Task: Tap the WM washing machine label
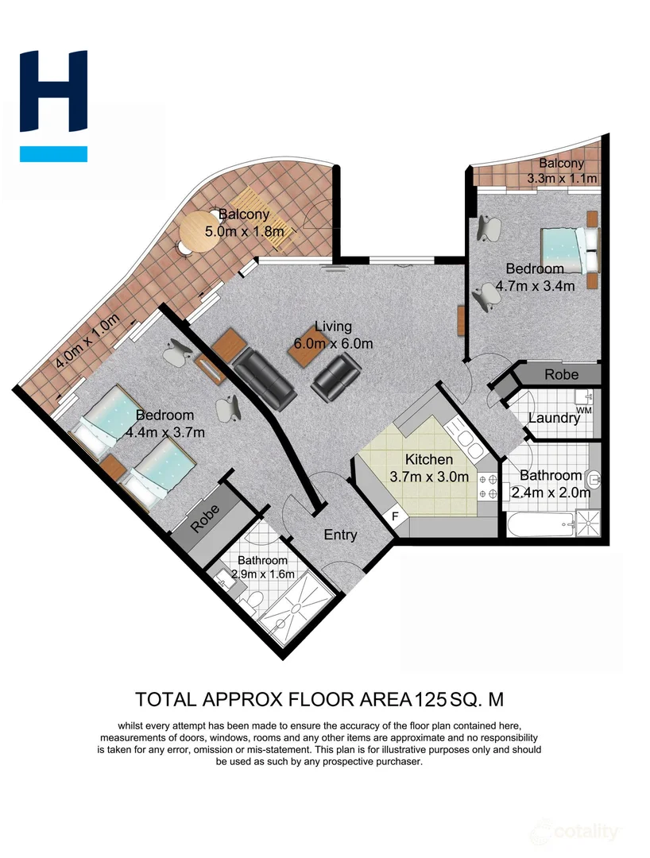(584, 409)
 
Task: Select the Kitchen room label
(429, 459)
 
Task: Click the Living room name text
(332, 327)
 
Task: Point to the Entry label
(340, 535)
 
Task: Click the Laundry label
(554, 419)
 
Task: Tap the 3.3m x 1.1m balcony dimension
(562, 179)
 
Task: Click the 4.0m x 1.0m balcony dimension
(87, 342)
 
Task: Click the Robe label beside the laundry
(561, 374)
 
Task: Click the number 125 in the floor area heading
(430, 699)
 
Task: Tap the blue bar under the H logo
(53, 154)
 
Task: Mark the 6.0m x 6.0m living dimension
(333, 343)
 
